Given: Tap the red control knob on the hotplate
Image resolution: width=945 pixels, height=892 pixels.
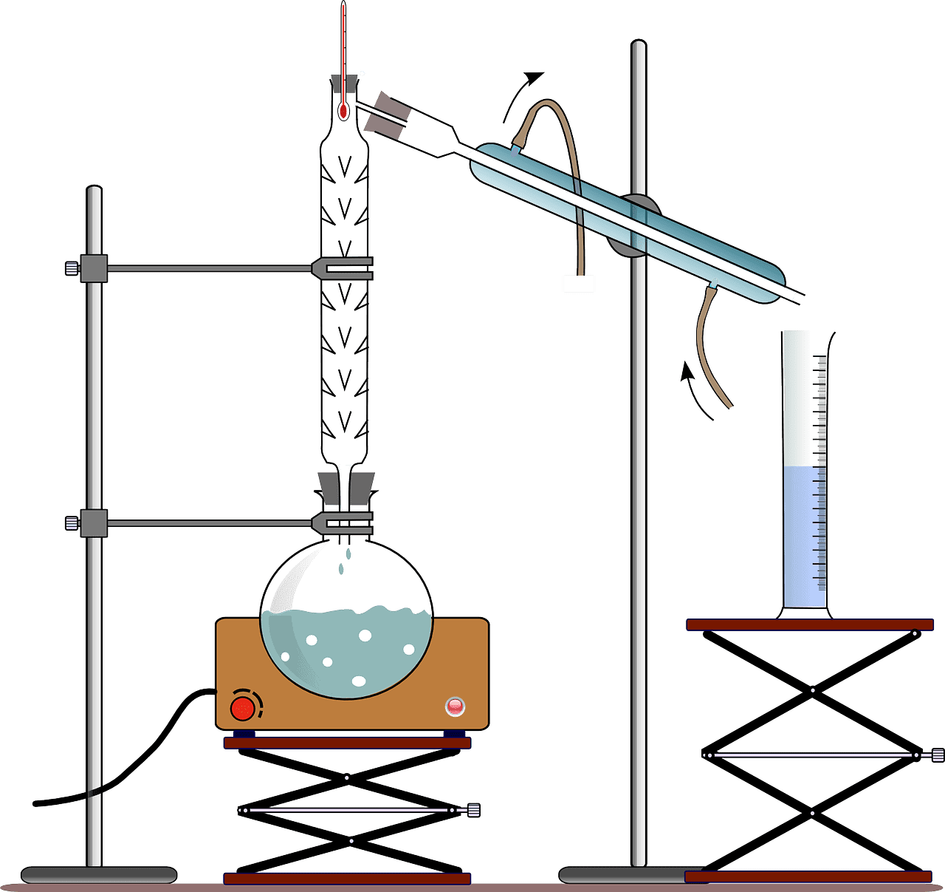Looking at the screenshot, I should pyautogui.click(x=242, y=708).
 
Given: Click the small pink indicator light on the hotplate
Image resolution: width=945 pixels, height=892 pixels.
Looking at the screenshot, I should pyautogui.click(x=455, y=707).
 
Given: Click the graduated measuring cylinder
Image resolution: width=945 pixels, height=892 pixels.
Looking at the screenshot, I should pyautogui.click(x=805, y=517).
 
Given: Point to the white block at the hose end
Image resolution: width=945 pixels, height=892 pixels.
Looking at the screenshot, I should pyautogui.click(x=578, y=283).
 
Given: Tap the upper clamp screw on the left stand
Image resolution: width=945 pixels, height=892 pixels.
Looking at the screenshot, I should pyautogui.click(x=72, y=268).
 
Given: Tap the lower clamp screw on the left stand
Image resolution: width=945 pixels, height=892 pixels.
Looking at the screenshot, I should pyautogui.click(x=72, y=523).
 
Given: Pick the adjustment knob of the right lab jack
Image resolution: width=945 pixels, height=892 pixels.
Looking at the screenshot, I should pyautogui.click(x=937, y=755).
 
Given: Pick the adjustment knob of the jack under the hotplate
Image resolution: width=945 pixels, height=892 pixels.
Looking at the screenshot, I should pyautogui.click(x=473, y=810).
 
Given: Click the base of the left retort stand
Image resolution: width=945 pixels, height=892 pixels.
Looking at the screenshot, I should pyautogui.click(x=99, y=875).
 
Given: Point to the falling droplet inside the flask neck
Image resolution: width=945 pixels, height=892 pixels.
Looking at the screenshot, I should pyautogui.click(x=341, y=567).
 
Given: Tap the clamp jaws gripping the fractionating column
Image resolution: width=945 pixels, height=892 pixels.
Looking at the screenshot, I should pyautogui.click(x=343, y=269).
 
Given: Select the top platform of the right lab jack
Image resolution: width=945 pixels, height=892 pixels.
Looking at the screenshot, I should pyautogui.click(x=809, y=625).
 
